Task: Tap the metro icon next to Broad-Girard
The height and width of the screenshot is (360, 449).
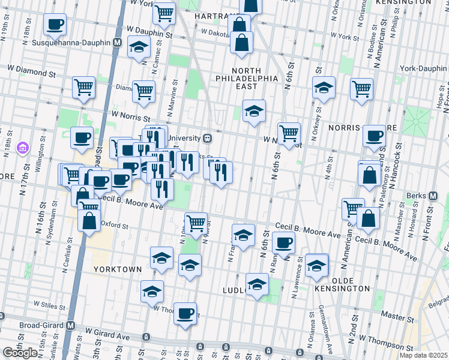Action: click(x=71, y=326)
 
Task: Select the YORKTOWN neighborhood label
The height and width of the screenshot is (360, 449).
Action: click(x=118, y=269)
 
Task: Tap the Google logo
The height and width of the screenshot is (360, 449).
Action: click(x=20, y=353)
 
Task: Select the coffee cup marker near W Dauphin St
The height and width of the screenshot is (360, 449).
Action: click(x=55, y=25)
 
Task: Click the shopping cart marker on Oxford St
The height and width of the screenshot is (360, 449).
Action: click(x=196, y=223)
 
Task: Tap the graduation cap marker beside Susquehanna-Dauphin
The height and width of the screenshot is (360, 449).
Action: click(x=139, y=48)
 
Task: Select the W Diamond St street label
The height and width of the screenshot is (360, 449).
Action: click(x=28, y=73)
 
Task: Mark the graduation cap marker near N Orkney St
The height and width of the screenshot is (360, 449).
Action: click(x=324, y=88)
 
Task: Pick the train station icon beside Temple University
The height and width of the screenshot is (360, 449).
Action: click(x=207, y=138)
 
